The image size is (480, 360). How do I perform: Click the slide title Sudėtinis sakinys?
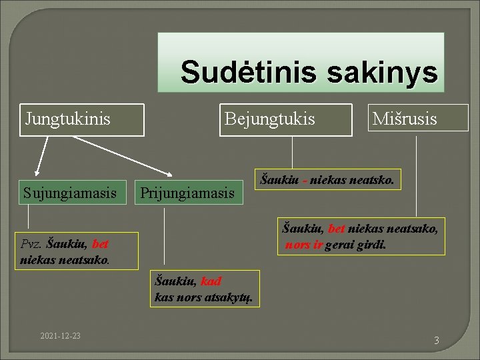coord(308,71)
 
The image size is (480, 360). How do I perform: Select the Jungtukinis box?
coord(81,119)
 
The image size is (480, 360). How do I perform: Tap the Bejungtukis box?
coord(285,119)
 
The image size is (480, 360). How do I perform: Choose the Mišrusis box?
coord(417,118)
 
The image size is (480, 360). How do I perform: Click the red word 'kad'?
coord(211,281)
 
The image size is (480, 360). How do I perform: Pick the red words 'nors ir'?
coord(304,245)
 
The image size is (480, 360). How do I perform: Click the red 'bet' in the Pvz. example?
coord(101,244)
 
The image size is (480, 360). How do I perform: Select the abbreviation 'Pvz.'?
coord(32,244)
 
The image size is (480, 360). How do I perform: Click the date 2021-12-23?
coord(60,335)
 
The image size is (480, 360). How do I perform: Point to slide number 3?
coord(437,341)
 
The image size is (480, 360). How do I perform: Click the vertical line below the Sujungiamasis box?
coord(29,217)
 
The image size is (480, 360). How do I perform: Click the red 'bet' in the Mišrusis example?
coord(337,229)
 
